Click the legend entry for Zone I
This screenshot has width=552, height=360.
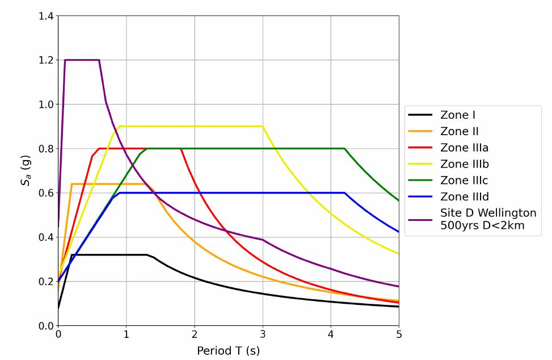pyautogui.click(x=458, y=115)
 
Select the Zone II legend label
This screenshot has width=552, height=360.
pyautogui.click(x=460, y=132)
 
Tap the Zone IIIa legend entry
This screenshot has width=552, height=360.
pyautogui.click(x=464, y=148)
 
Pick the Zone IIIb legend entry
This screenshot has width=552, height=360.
pyautogui.click(x=465, y=164)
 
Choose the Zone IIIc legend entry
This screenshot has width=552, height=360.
pyautogui.click(x=464, y=181)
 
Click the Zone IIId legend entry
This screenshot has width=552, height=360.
pyautogui.click(x=465, y=197)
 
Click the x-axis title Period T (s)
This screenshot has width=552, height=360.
pyautogui.click(x=228, y=350)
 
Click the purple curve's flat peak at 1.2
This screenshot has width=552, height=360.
pyautogui.click(x=82, y=60)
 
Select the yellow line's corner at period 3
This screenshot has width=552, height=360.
pyautogui.click(x=263, y=126)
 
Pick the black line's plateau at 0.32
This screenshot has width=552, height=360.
pyautogui.click(x=108, y=254)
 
